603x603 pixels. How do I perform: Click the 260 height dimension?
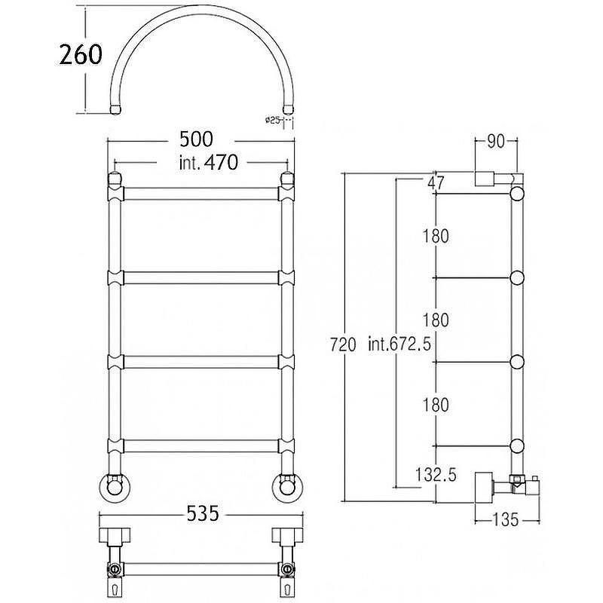[81, 54]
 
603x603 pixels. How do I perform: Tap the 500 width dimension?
[196, 139]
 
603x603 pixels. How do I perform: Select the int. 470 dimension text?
[209, 162]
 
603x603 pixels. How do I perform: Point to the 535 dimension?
[203, 513]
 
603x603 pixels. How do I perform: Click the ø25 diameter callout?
[272, 121]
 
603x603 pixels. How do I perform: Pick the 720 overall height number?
[343, 344]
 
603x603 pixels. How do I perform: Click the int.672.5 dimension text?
[399, 344]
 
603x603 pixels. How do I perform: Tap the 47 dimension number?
[436, 182]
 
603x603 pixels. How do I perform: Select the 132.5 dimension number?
[436, 475]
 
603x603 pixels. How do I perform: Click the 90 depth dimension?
[496, 142]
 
